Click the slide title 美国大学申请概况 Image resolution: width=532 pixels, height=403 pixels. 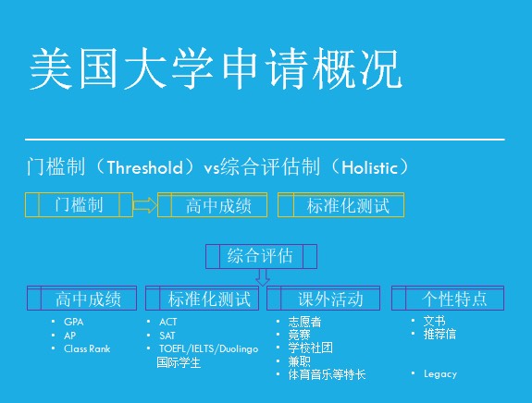coord(217,68)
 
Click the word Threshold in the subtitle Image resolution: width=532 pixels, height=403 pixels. coord(145,167)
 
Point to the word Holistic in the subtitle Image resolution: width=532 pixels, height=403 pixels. coord(369,167)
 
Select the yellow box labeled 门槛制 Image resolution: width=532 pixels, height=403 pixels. coord(79,204)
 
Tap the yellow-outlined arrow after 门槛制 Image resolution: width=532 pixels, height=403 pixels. coord(145,204)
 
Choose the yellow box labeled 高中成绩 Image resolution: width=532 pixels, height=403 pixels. coord(213,204)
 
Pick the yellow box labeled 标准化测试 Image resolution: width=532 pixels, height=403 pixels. coord(341,204)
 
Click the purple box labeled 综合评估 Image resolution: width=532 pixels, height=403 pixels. coord(261,256)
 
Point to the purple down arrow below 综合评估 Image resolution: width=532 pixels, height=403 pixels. coord(263,277)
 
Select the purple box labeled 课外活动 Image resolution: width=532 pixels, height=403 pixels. coord(323,299)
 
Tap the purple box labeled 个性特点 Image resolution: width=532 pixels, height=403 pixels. coord(448,299)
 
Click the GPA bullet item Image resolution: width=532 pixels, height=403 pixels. coord(74,322)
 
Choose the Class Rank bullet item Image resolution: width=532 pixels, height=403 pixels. coord(87,348)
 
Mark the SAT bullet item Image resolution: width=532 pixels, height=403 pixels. coord(167,336)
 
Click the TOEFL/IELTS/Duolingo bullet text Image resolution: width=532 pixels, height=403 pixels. coord(209,348)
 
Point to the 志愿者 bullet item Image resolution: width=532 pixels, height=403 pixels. coord(304,322)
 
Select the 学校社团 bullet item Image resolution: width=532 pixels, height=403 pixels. coord(311,348)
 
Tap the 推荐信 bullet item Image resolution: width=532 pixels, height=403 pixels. coord(439,335)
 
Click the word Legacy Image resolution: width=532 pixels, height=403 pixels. coord(440,374)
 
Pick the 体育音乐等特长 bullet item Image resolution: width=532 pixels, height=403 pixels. coord(328,375)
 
